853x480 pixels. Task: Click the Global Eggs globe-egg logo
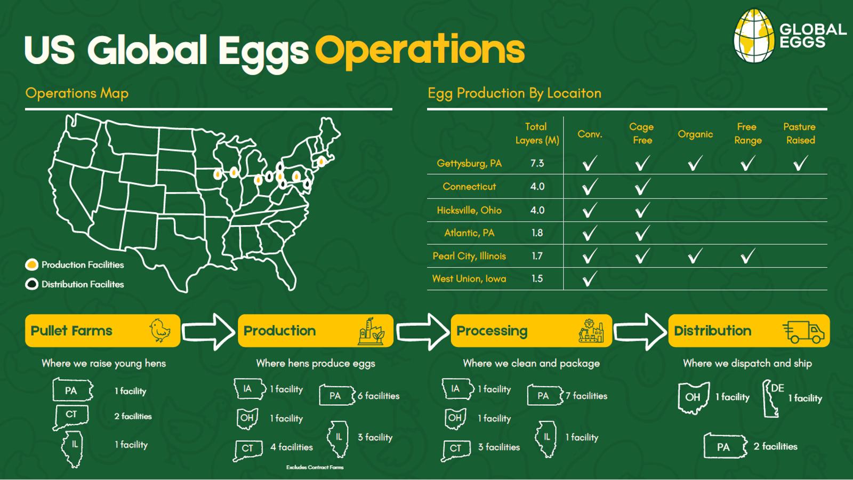pyautogui.click(x=754, y=36)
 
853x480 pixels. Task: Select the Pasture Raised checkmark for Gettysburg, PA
pyautogui.click(x=800, y=163)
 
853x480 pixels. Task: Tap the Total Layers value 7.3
pyautogui.click(x=537, y=163)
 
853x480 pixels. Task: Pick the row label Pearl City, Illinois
pyautogui.click(x=469, y=256)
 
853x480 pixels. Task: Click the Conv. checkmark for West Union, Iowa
pyautogui.click(x=590, y=278)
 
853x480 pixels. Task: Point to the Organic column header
pyautogui.click(x=695, y=134)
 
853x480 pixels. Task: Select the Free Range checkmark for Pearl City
pyautogui.click(x=747, y=256)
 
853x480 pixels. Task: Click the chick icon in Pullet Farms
pyautogui.click(x=160, y=331)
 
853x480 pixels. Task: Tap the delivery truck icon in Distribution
pyautogui.click(x=803, y=332)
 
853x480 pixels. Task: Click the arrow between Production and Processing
pyautogui.click(x=422, y=331)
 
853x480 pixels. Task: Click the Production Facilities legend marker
pyautogui.click(x=31, y=265)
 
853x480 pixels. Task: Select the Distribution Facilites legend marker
pyautogui.click(x=31, y=284)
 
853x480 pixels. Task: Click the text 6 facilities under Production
pyautogui.click(x=379, y=396)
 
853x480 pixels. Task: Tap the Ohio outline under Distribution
pyautogui.click(x=693, y=398)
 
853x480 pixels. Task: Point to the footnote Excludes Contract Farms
pyautogui.click(x=315, y=467)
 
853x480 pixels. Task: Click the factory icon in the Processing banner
pyautogui.click(x=591, y=331)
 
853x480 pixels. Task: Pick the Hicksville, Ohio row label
pyautogui.click(x=469, y=210)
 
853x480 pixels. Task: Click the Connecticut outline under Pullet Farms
pyautogui.click(x=71, y=417)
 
